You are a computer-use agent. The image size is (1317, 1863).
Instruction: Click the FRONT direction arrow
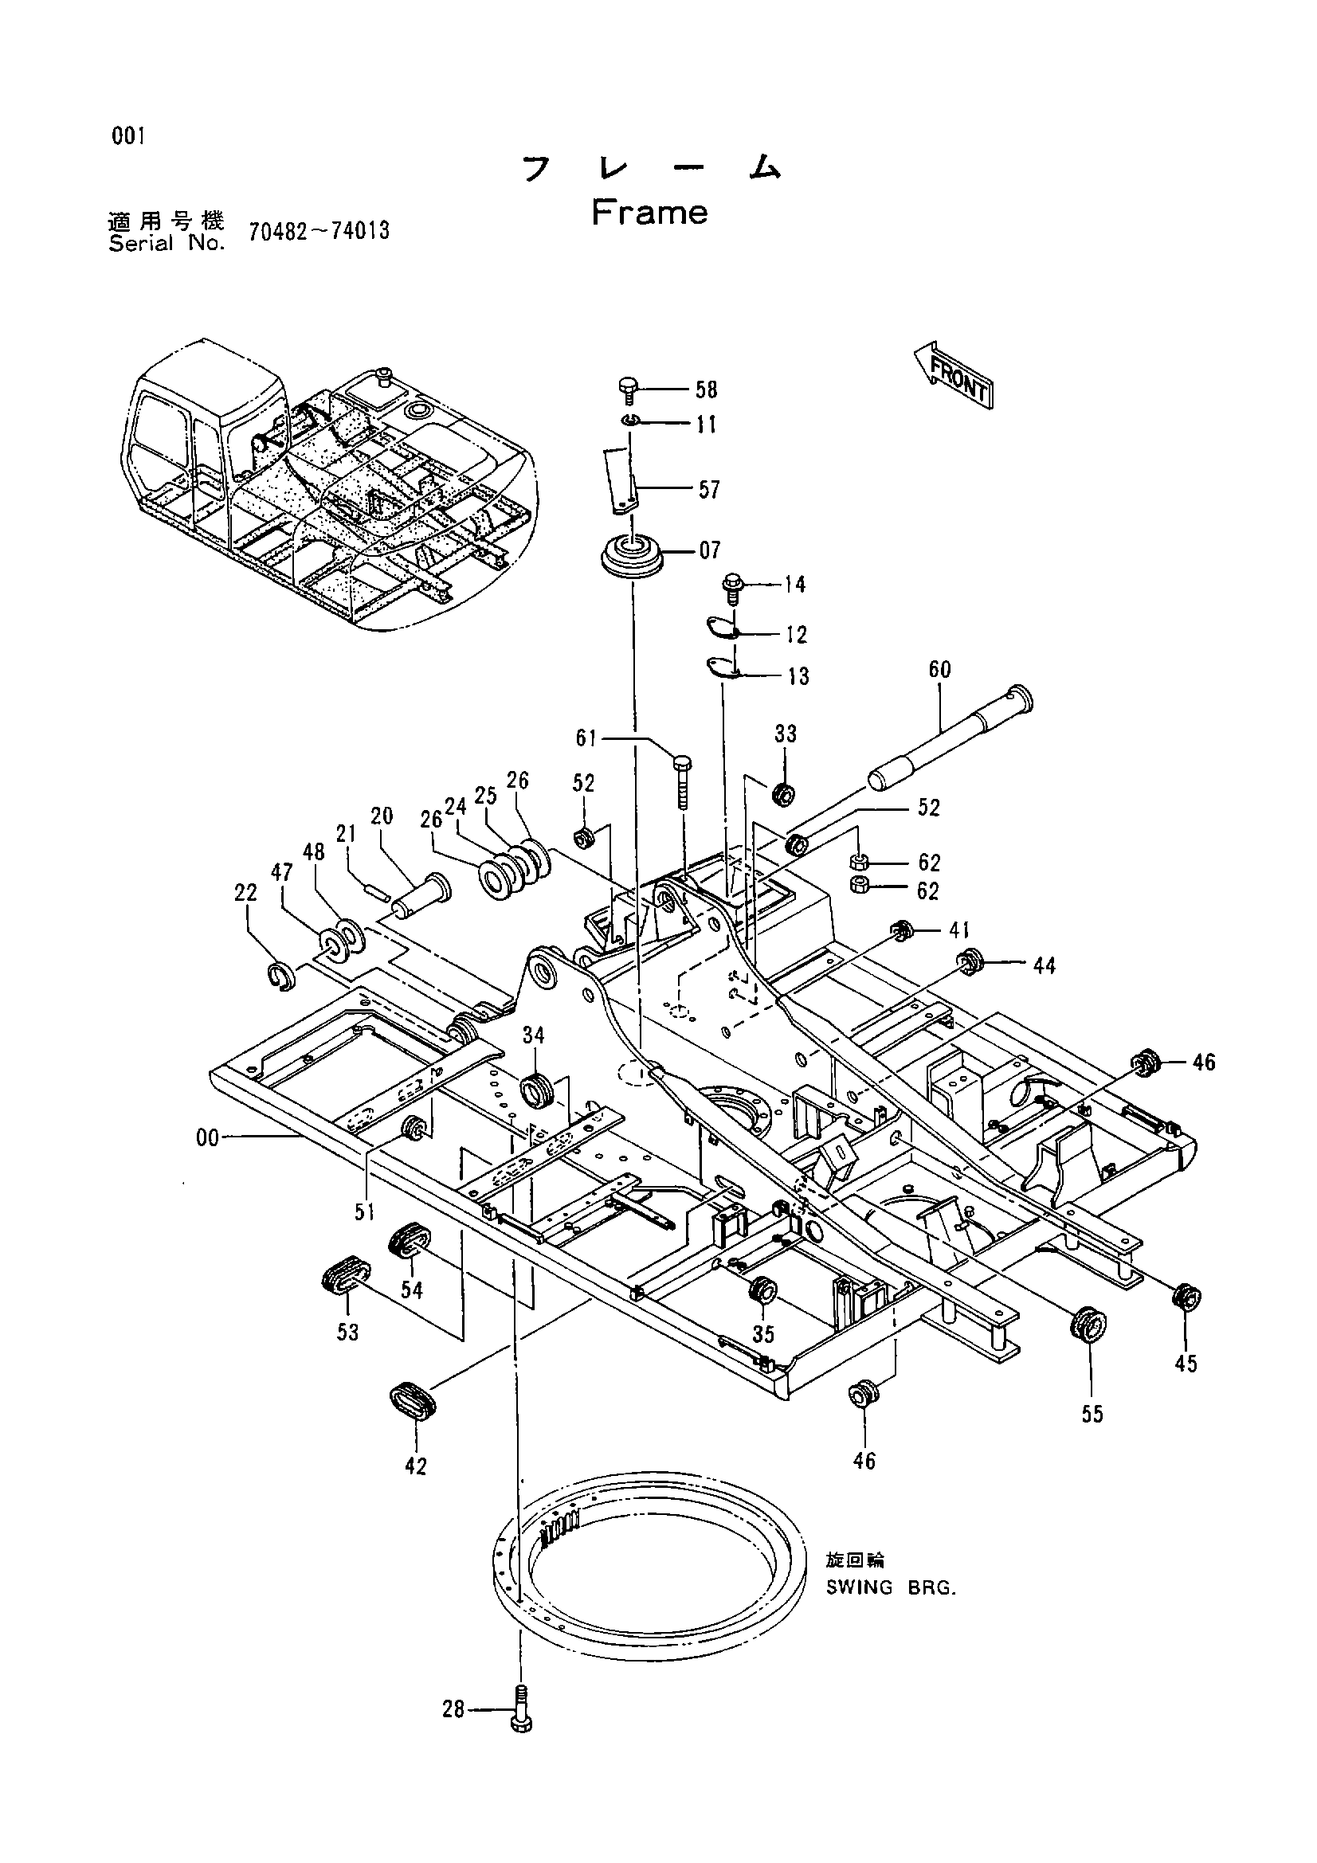954,374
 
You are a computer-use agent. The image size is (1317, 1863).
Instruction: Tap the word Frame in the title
649,213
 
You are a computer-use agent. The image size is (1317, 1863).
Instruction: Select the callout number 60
939,670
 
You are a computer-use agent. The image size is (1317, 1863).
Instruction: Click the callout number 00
208,1138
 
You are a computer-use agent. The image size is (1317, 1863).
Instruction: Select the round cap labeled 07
631,555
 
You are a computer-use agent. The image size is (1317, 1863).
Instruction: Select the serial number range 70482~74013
319,231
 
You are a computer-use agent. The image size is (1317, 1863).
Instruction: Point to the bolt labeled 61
681,781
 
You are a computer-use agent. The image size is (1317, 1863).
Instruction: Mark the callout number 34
534,1035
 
